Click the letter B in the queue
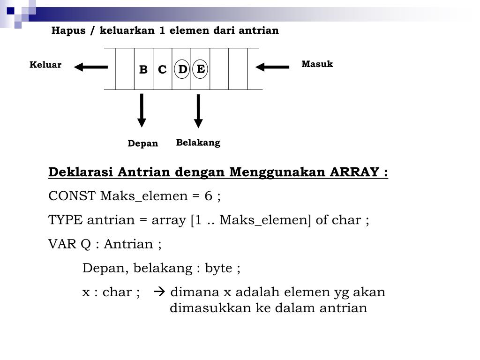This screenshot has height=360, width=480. [x=143, y=70]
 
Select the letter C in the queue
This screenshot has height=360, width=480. [x=162, y=70]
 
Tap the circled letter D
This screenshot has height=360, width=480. [x=182, y=69]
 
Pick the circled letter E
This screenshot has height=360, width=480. [x=200, y=69]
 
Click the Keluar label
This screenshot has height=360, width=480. [x=45, y=65]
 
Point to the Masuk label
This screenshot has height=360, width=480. [x=317, y=64]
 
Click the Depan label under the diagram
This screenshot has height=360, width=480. [x=143, y=143]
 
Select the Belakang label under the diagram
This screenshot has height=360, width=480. [x=198, y=142]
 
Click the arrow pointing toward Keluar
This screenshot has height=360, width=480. [x=91, y=67]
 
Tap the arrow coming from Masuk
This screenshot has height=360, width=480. [x=272, y=67]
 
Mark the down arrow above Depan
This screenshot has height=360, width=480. [x=142, y=110]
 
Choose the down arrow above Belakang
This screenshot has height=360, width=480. [x=198, y=111]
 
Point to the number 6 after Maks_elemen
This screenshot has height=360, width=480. [x=209, y=196]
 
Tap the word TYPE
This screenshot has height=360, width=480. [x=66, y=220]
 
